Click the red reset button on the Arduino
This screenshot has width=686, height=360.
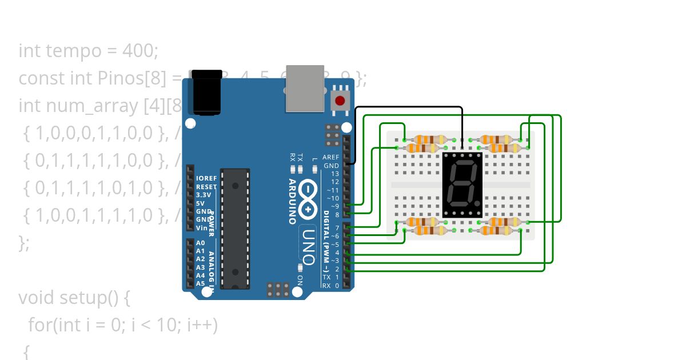[x=340, y=101]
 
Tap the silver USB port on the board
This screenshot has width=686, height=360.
[x=305, y=89]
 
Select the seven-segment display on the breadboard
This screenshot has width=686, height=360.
[x=462, y=184]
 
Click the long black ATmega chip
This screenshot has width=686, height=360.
[x=235, y=228]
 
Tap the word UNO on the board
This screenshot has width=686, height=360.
[x=308, y=247]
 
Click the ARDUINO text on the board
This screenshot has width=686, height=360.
[x=292, y=201]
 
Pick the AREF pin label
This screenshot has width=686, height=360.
[x=331, y=157]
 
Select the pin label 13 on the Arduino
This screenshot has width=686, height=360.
[x=335, y=174]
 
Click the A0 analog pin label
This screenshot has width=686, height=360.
[x=200, y=243]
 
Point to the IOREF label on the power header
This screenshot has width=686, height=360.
[x=206, y=178]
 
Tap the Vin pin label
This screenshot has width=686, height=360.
[x=201, y=227]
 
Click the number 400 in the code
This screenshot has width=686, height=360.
[x=139, y=51]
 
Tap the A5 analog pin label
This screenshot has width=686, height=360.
[x=200, y=283]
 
